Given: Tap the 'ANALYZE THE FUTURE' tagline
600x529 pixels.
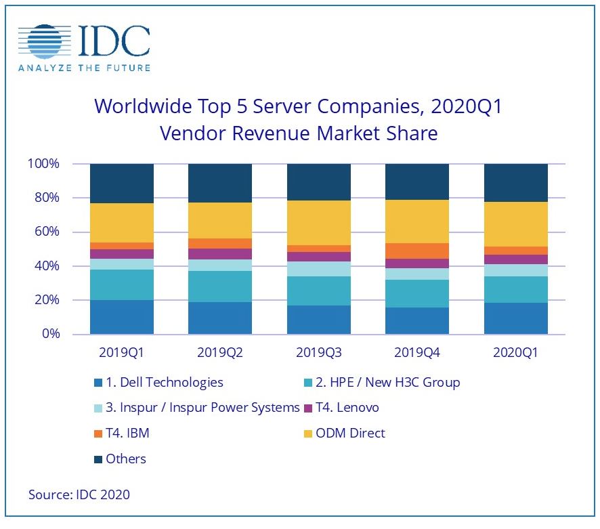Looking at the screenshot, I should (x=84, y=67).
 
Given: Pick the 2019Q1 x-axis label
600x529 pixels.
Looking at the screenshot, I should (x=121, y=353).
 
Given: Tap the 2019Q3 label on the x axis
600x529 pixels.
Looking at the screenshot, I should (x=318, y=353).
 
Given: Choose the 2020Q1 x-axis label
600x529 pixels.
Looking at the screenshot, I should (x=515, y=353).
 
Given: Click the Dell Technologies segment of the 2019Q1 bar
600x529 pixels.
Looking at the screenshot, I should (x=122, y=317).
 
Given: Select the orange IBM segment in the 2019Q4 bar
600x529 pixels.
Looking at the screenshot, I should (x=417, y=251).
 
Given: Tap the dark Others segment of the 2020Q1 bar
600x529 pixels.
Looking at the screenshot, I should (x=515, y=183).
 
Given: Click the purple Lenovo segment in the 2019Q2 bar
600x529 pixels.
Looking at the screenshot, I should (x=220, y=254).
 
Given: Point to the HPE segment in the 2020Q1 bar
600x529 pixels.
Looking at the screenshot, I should (x=515, y=289).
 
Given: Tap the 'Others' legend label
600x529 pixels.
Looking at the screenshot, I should (x=126, y=459).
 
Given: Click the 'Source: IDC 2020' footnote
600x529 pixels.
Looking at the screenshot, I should (x=79, y=494).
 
